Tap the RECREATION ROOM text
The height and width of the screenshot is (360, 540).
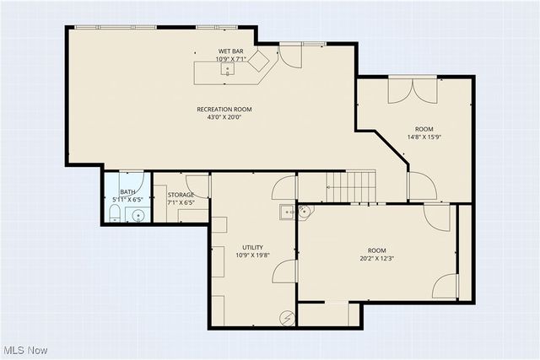coord(224,109)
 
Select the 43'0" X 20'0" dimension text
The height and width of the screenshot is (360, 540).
coord(224,117)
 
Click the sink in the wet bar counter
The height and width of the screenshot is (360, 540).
coord(227,70)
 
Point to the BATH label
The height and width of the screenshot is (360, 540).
coord(127,192)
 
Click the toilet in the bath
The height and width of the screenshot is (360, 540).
coord(114,216)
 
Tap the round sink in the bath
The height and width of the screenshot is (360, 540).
coord(136,216)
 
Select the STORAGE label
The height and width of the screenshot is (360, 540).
coord(181,195)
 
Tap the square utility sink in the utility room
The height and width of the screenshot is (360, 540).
coord(287,212)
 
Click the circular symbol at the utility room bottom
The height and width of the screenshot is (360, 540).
coord(288,317)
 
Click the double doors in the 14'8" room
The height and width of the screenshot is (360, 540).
coord(413,89)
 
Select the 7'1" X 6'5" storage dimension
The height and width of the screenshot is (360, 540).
coord(181,203)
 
